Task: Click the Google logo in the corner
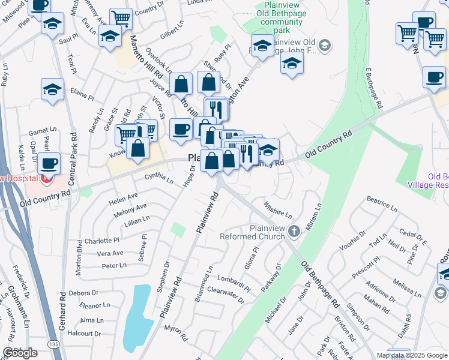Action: [x=20, y=352]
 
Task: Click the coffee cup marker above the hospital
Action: [x=49, y=163]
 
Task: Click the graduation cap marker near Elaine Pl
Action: [x=53, y=90]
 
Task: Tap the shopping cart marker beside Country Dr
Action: [x=121, y=18]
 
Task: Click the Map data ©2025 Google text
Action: [x=411, y=355]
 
